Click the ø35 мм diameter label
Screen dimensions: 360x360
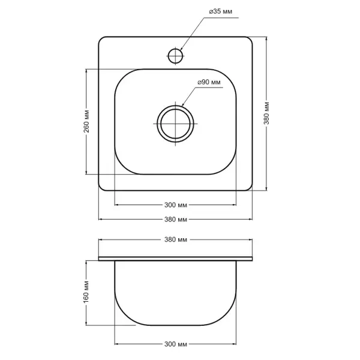point(220,11)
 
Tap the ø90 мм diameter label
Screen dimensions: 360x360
point(209,82)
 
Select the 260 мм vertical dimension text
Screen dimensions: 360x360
point(86,121)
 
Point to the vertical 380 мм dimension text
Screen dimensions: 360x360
point(266,113)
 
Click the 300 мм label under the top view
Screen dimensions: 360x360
point(176,205)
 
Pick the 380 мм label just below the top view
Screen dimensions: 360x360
point(176,220)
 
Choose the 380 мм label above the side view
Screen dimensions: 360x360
point(176,239)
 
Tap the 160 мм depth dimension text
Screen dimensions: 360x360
point(86,292)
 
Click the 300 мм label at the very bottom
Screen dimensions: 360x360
point(176,344)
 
